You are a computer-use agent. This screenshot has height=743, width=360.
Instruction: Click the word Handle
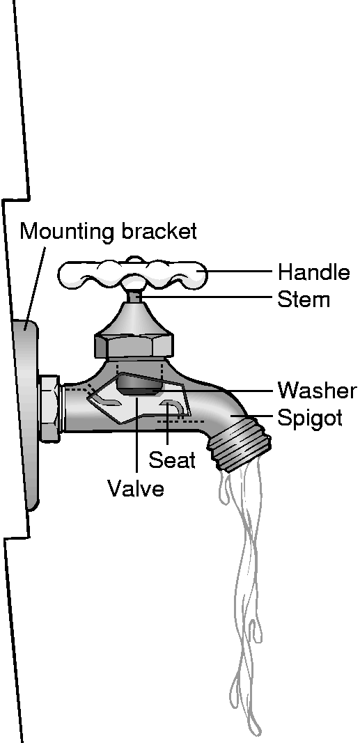tap(313, 273)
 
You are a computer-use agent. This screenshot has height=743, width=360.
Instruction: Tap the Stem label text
tap(304, 299)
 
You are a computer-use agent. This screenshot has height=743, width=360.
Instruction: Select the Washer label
tap(316, 391)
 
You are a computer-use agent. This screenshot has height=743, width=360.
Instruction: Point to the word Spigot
tap(309, 419)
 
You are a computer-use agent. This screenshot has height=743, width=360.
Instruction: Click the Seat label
tap(172, 459)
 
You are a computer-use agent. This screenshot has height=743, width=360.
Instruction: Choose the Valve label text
tap(136, 487)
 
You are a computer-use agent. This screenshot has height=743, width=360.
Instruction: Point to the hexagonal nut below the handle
tap(134, 346)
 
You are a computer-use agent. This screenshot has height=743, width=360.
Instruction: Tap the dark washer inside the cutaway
tap(139, 384)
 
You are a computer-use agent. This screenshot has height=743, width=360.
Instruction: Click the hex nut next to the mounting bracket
tap(49, 409)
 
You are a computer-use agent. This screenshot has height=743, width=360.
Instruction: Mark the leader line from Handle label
tap(240, 272)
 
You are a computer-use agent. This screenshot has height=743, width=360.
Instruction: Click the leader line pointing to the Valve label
tap(136, 435)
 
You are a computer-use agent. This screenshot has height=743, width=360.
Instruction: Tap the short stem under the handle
tap(134, 296)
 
